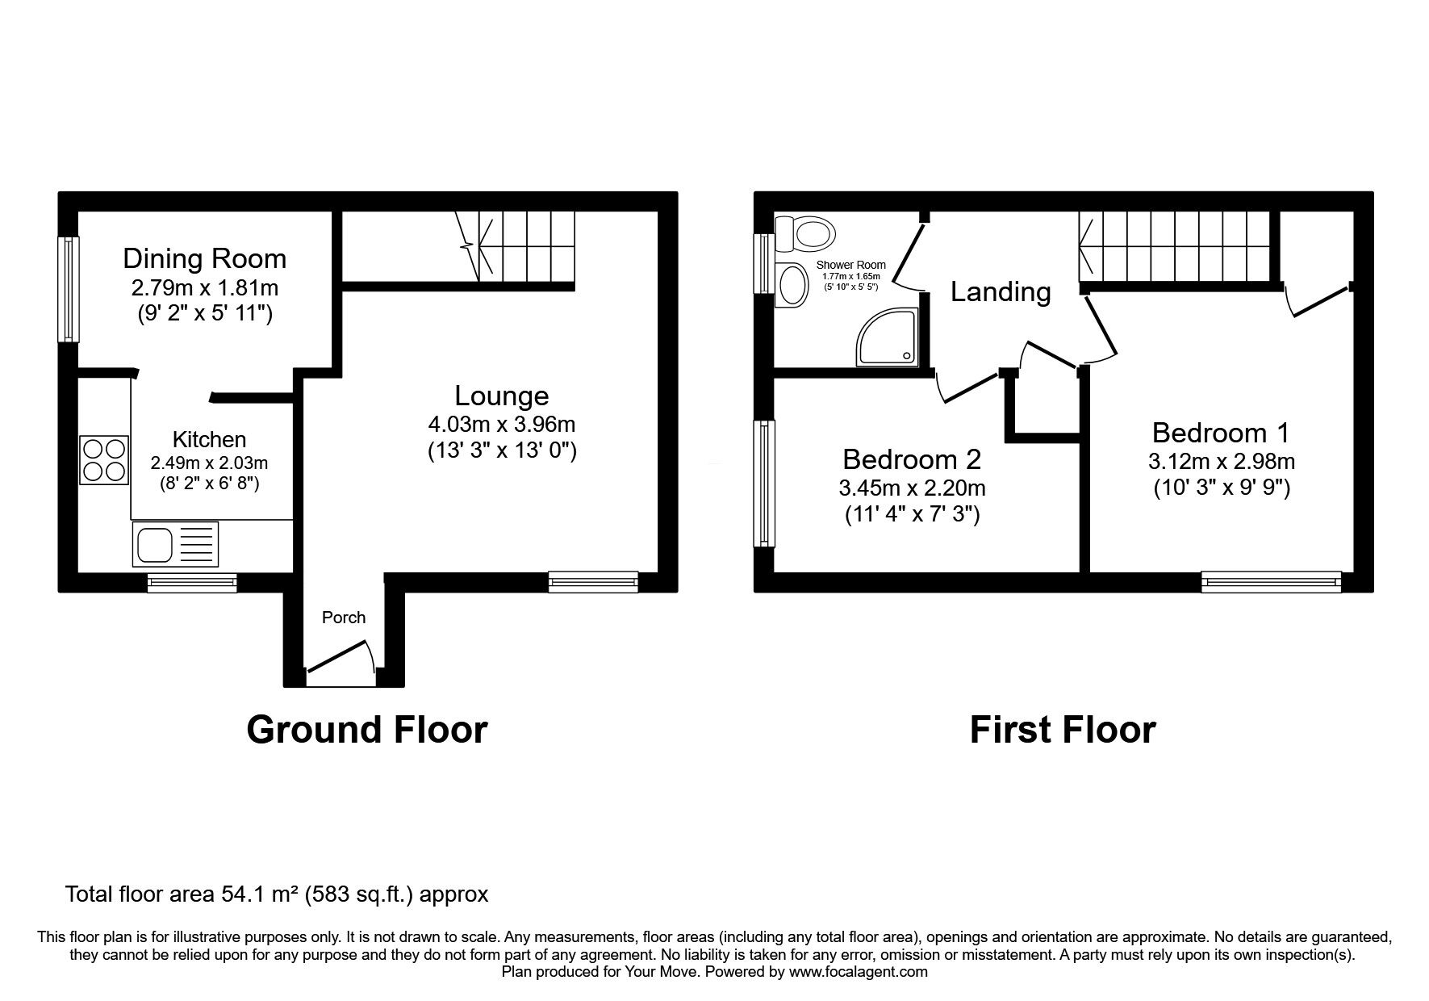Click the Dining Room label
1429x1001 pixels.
(x=204, y=258)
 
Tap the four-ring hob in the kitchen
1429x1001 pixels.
(x=103, y=459)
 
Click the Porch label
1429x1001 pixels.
(x=344, y=618)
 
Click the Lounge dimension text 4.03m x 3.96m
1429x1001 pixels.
(x=502, y=424)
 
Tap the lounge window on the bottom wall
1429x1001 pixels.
(x=593, y=581)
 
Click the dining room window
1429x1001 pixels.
(x=69, y=288)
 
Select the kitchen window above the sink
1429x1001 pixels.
(x=192, y=583)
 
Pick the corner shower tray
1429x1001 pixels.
(x=888, y=335)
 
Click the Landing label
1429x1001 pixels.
(x=1001, y=291)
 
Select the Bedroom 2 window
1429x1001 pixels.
(x=764, y=483)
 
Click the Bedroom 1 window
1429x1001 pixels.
(x=1271, y=581)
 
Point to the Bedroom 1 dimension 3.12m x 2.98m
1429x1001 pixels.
(x=1221, y=461)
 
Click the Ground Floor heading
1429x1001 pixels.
(x=367, y=729)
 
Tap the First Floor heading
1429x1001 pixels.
(x=1063, y=729)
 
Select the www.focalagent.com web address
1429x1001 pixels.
(x=859, y=972)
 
